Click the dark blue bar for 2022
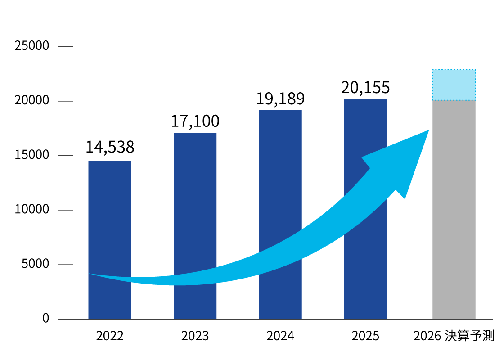[x=110, y=216]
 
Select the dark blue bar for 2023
[x=195, y=202]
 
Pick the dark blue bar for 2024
[x=280, y=180]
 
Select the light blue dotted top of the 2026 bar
[x=454, y=85]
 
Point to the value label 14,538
[x=110, y=147]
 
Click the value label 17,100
[x=195, y=121]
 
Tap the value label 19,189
[x=280, y=98]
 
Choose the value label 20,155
[x=365, y=87]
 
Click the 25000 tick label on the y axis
[x=31, y=46]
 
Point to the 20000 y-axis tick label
[x=31, y=101]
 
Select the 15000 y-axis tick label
[x=31, y=155]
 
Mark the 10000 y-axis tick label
[x=31, y=210]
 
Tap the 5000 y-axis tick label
[x=35, y=264]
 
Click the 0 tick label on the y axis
[x=45, y=319]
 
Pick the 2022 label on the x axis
[x=110, y=336]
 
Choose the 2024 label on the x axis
[x=280, y=336]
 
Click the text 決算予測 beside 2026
[x=469, y=336]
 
